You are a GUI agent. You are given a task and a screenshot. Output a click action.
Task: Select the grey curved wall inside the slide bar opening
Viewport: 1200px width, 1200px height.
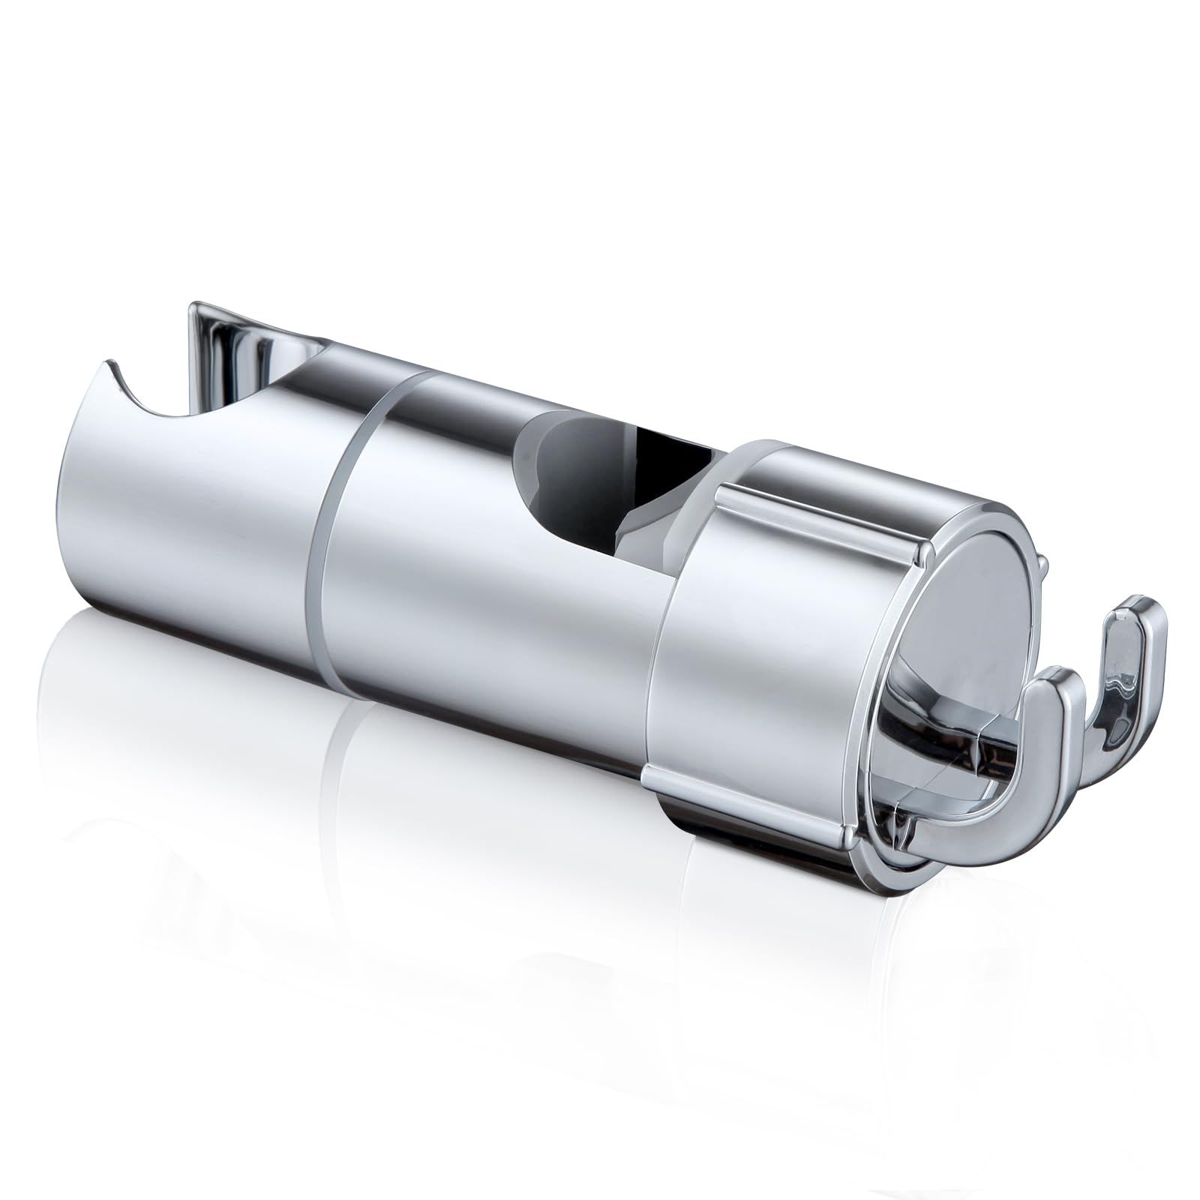click(x=570, y=465)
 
